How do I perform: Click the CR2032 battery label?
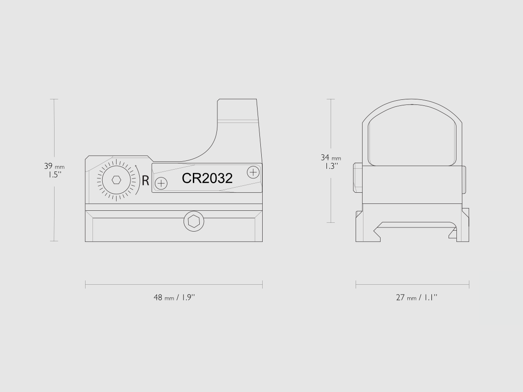(207, 178)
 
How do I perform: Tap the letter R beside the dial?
(145, 181)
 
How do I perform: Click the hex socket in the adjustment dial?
(117, 180)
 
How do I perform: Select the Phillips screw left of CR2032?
(161, 183)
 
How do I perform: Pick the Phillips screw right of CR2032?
(253, 172)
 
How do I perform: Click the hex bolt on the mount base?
(194, 221)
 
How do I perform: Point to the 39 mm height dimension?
(55, 166)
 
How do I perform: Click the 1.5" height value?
(53, 175)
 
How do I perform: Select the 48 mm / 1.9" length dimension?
(174, 297)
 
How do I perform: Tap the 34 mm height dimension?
(331, 157)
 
